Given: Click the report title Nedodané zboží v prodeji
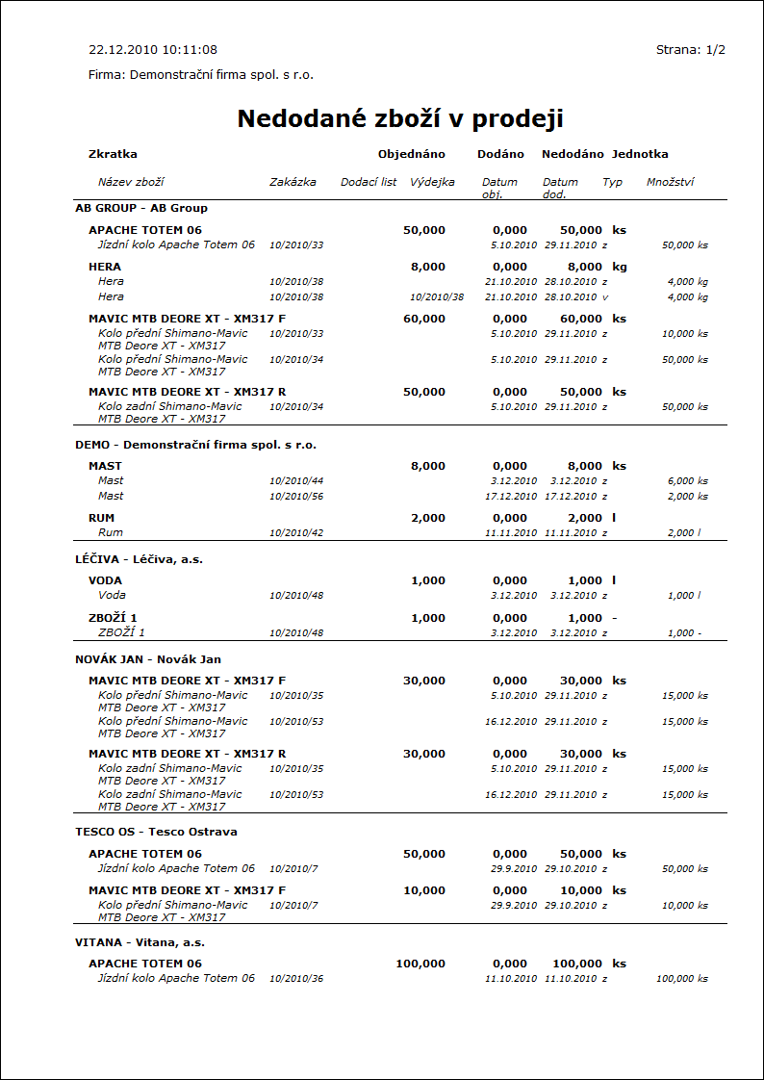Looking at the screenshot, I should [399, 119].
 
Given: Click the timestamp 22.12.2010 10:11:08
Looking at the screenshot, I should [153, 49].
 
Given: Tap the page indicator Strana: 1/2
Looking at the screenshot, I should [690, 49].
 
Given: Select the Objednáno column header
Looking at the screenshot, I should [411, 154].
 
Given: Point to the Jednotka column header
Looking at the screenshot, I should [640, 154].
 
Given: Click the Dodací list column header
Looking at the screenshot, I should [369, 182].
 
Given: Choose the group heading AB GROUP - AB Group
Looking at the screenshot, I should [141, 208].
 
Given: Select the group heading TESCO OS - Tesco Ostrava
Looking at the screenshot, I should [156, 832].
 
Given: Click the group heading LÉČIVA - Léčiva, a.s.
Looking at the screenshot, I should [140, 559].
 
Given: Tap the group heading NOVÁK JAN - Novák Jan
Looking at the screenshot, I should [148, 659].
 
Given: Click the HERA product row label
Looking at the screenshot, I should [105, 267].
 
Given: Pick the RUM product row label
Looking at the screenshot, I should [101, 518].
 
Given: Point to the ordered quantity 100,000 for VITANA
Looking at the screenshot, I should [420, 964].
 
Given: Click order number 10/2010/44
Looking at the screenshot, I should [296, 481].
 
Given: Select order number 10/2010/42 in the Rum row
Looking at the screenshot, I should [296, 533].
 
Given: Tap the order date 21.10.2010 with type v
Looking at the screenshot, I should [511, 297].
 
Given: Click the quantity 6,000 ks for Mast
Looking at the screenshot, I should [687, 481].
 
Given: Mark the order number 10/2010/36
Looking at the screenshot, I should [296, 979].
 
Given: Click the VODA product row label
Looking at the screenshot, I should [105, 580].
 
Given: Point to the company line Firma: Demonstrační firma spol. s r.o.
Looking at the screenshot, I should [201, 74].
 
